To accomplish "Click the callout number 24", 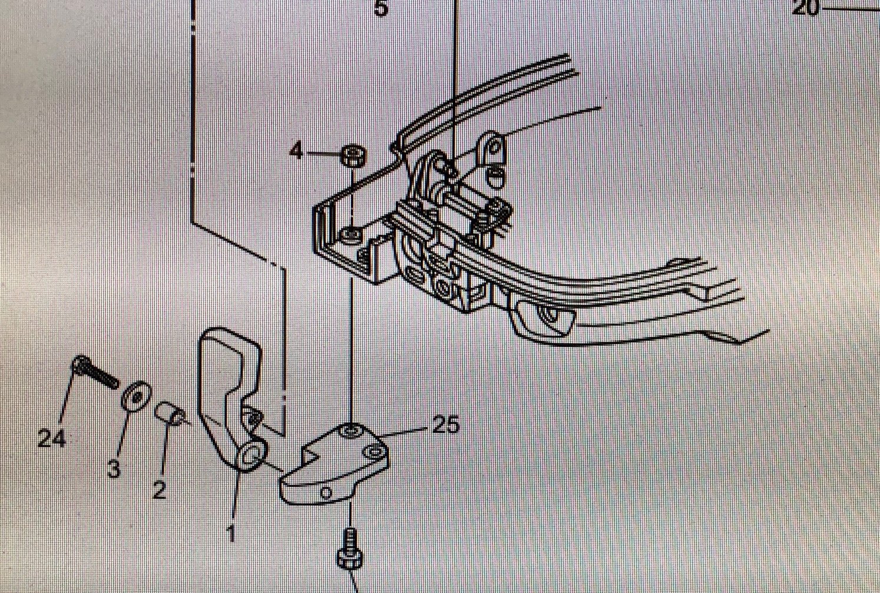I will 51,439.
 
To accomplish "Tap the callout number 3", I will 114,469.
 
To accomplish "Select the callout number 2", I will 159,490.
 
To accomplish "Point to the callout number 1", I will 230,534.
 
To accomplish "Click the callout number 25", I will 446,425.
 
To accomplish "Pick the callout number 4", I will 296,151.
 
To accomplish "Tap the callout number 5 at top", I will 382,8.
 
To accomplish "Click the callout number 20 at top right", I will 806,8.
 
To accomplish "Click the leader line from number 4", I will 323,153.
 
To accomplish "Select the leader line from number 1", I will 234,501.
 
